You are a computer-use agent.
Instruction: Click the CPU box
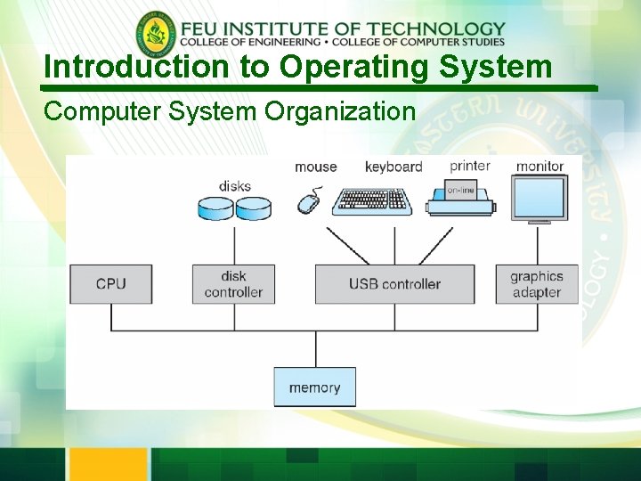pyautogui.click(x=111, y=284)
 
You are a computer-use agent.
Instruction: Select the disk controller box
pyautogui.click(x=233, y=284)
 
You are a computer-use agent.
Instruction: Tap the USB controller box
pyautogui.click(x=394, y=284)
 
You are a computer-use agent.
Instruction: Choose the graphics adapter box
pyautogui.click(x=536, y=284)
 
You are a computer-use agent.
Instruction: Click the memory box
pyautogui.click(x=314, y=387)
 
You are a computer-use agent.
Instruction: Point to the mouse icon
pyautogui.click(x=309, y=201)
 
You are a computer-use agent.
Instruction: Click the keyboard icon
pyautogui.click(x=371, y=201)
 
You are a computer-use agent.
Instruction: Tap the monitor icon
pyautogui.click(x=540, y=197)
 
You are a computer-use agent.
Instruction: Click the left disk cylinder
pyautogui.click(x=215, y=208)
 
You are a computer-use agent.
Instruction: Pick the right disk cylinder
pyautogui.click(x=252, y=208)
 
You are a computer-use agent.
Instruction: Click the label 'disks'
pyautogui.click(x=235, y=186)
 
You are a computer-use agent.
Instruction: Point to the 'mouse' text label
pyautogui.click(x=316, y=167)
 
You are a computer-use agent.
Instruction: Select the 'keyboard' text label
pyautogui.click(x=394, y=167)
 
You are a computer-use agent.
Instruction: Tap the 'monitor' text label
pyautogui.click(x=540, y=166)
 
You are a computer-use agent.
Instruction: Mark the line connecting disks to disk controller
pyautogui.click(x=233, y=243)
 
